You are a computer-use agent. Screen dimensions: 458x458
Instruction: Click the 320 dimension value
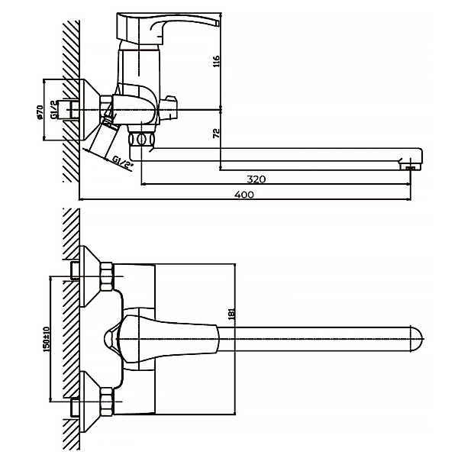(256, 179)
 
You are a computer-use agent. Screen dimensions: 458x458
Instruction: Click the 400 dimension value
(244, 195)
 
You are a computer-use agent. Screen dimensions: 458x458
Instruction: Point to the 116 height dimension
(216, 61)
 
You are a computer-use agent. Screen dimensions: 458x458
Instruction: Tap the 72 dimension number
(216, 133)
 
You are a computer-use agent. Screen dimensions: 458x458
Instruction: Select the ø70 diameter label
(40, 112)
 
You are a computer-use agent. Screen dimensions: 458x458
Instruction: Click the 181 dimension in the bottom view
(231, 314)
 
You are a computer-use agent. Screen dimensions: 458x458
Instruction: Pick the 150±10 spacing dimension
(47, 339)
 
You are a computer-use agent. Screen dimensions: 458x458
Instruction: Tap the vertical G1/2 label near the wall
(53, 110)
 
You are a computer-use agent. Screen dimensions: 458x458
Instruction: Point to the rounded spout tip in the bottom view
(417, 339)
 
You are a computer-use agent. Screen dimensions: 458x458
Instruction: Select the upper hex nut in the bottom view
(106, 276)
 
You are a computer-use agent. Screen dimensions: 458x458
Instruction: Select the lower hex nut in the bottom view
(106, 402)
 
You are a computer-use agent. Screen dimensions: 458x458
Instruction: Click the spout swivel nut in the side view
(141, 139)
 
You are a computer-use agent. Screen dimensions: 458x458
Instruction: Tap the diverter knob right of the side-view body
(169, 108)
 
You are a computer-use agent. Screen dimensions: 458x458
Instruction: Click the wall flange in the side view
(90, 109)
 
